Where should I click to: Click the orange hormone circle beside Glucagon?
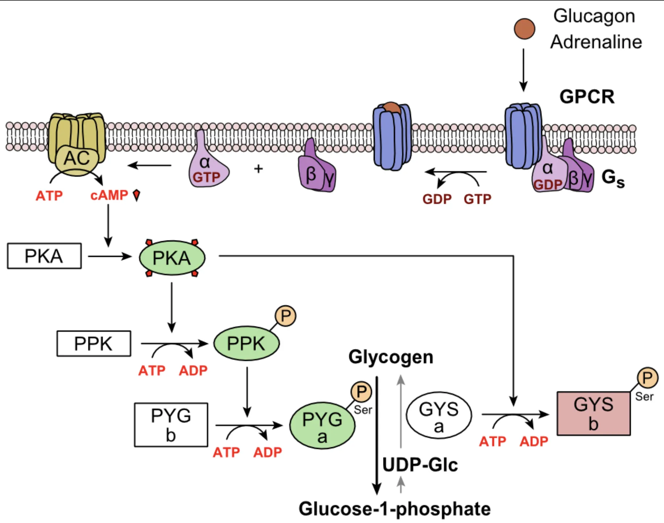tap(524, 29)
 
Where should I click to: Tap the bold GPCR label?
tap(587, 97)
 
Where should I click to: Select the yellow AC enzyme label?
tap(76, 158)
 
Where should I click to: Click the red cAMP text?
tap(109, 195)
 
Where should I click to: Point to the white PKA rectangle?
tap(44, 256)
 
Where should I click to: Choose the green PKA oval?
tap(172, 258)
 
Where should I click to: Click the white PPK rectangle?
tap(94, 343)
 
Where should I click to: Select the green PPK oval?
tap(246, 343)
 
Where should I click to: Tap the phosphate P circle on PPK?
tap(286, 316)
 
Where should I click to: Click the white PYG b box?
tap(171, 425)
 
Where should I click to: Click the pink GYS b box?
tap(593, 413)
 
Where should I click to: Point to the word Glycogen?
tap(391, 357)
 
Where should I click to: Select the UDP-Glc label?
tap(420, 465)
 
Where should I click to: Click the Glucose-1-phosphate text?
tap(394, 509)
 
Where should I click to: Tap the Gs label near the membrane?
tap(613, 178)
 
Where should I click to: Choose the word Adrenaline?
tap(596, 42)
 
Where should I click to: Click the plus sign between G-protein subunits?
tap(258, 169)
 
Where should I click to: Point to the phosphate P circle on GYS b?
tap(647, 378)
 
